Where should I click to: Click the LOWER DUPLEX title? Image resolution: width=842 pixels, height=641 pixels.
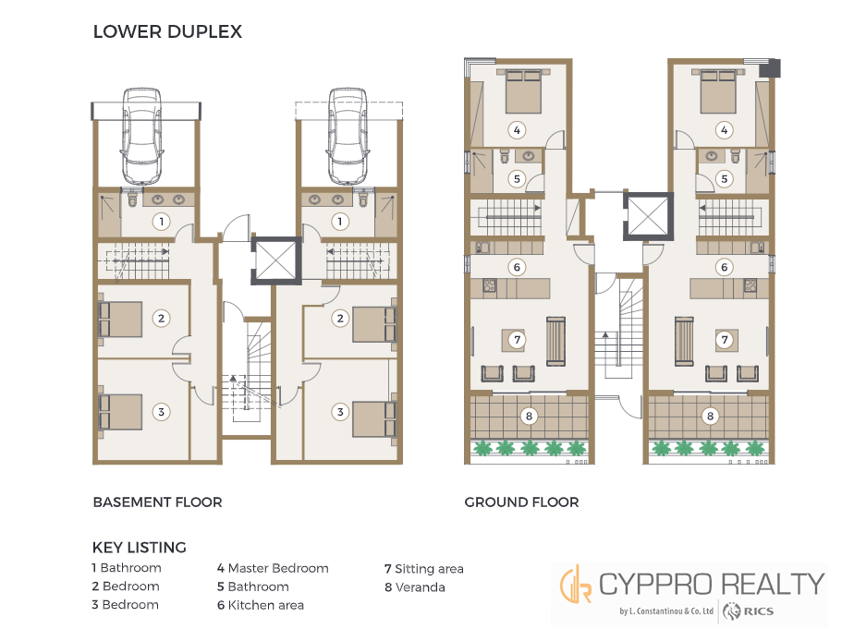(167, 31)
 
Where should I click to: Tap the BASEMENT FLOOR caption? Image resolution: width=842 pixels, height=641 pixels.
(157, 502)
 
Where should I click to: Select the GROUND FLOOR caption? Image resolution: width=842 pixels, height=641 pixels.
(521, 502)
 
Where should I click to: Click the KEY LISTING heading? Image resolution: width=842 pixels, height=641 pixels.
(139, 547)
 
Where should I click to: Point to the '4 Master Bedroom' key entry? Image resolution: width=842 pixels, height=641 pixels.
(273, 568)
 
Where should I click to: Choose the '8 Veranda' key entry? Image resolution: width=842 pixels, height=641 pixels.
(415, 587)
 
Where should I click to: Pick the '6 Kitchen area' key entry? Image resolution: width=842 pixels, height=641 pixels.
(261, 605)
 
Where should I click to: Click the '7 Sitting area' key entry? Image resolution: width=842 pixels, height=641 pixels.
(423, 569)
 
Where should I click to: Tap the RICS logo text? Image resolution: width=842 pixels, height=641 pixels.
(758, 611)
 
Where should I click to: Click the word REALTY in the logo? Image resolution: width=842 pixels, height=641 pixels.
(772, 584)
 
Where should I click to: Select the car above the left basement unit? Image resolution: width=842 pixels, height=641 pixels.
(141, 137)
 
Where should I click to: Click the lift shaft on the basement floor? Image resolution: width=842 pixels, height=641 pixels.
(276, 260)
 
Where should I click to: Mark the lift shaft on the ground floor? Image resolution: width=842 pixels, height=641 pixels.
(648, 216)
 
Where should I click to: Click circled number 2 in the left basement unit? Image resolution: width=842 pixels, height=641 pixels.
(161, 318)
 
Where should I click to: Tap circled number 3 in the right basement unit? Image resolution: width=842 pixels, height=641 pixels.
(340, 412)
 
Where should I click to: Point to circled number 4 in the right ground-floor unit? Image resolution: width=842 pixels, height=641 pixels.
(724, 130)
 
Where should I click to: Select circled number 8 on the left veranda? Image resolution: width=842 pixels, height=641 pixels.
(529, 416)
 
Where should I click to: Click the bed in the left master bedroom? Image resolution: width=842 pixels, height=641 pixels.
(523, 91)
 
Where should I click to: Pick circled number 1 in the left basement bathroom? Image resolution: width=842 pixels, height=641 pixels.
(161, 221)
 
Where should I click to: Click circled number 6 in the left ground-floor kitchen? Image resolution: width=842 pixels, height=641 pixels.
(517, 267)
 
